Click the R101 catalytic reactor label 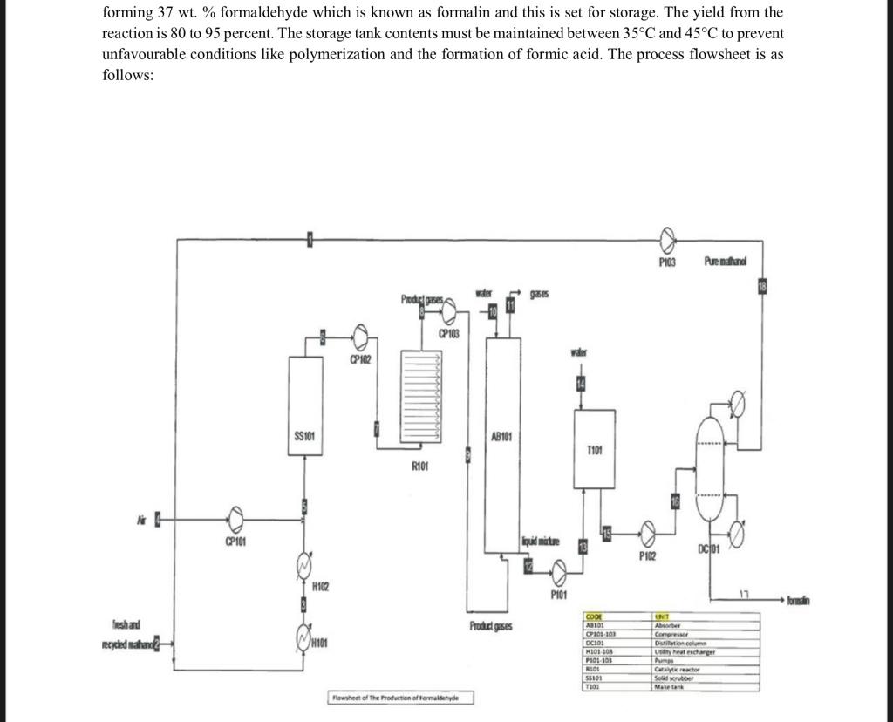point(420,467)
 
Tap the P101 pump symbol point(558,573)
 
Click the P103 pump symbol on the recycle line point(667,238)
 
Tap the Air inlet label point(140,520)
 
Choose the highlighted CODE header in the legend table point(596,616)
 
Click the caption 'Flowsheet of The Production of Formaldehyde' point(402,698)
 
